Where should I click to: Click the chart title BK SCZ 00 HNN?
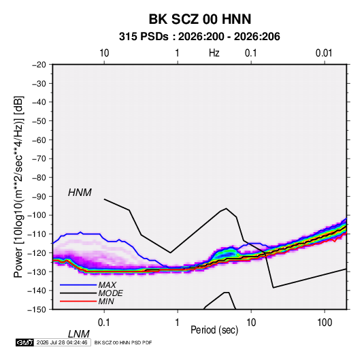pos(199,19)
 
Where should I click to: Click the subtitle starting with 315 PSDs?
pos(199,37)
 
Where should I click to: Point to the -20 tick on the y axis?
pos(39,65)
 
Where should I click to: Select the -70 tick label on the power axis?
pos(39,159)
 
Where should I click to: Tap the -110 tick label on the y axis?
pos(37,234)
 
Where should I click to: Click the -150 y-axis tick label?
pos(37,310)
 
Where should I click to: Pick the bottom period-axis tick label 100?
pos(325,323)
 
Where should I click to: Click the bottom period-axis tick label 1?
pos(178,323)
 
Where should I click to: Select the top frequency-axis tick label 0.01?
pos(324,53)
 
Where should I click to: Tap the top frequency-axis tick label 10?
pos(104,53)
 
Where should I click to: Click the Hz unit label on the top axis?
pos(214,53)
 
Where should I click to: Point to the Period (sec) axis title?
pos(214,330)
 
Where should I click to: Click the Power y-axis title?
pos(18,187)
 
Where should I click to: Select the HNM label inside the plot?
pos(80,193)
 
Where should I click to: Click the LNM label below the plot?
pos(79,334)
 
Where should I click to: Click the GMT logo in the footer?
pos(25,342)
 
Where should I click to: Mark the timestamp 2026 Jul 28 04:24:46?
pos(62,342)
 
